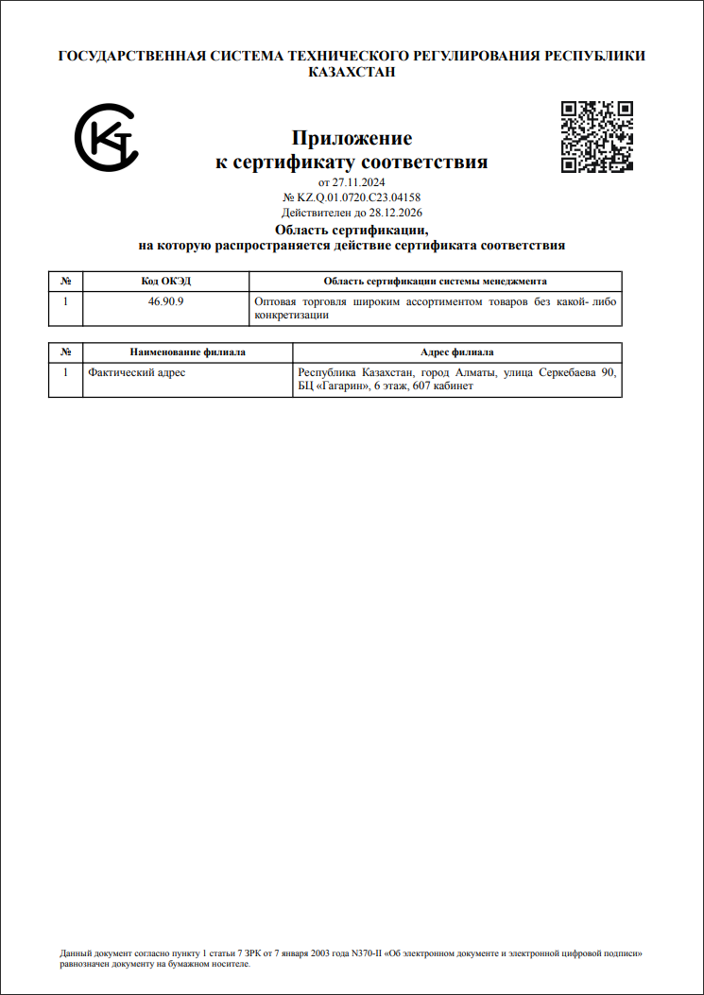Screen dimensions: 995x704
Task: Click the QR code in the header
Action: pos(596,137)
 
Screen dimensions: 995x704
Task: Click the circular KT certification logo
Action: pos(107,137)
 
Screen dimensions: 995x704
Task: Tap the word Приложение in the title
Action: pos(352,139)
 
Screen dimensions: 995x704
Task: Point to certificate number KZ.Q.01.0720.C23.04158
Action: pos(358,197)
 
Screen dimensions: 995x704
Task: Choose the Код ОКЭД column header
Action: pos(166,281)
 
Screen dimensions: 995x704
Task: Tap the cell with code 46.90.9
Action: pos(166,302)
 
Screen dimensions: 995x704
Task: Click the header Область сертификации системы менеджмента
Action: pos(435,281)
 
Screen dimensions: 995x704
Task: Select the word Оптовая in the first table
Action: pos(277,302)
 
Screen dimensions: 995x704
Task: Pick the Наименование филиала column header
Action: pos(187,352)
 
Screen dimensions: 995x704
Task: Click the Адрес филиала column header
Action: pos(456,352)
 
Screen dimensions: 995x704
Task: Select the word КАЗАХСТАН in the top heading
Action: pos(352,72)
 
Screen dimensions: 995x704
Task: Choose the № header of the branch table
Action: pos(65,352)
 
